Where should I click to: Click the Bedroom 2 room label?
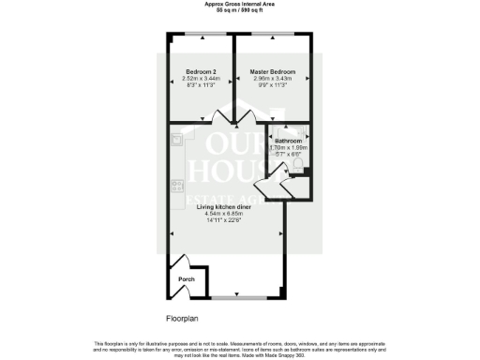coord(201,72)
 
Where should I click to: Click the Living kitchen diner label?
coord(223,207)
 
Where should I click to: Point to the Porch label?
coord(186,279)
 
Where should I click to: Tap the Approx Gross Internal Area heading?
coord(240,4)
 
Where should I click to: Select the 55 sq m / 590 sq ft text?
coord(240,10)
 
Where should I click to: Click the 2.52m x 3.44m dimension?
coord(201,80)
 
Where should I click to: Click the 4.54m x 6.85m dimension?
coord(223,215)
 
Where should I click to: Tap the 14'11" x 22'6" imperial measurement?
coord(223,221)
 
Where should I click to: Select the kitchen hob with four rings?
coord(175,185)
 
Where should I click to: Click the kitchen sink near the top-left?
coord(175,141)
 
